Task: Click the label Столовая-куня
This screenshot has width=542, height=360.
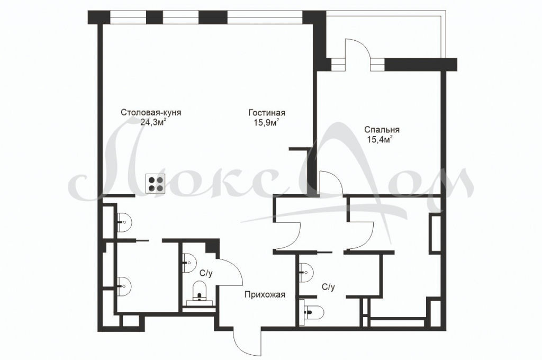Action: point(151,113)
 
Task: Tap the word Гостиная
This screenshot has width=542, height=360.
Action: point(267,113)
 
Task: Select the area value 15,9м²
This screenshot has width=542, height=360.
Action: point(266,122)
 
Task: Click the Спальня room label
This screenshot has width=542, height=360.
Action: point(382,130)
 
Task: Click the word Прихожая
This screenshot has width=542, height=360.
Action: point(265,295)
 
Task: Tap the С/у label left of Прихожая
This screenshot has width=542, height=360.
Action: point(206,273)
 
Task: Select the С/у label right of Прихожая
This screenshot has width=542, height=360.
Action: point(328,287)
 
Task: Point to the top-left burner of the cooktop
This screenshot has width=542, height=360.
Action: point(151,180)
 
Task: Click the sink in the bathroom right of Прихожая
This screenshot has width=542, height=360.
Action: point(306,272)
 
